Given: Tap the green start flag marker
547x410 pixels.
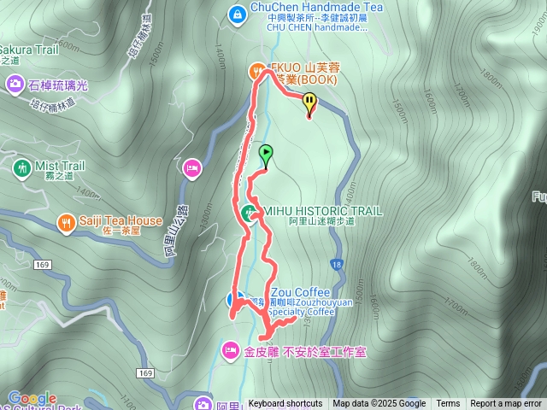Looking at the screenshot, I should [x=266, y=155].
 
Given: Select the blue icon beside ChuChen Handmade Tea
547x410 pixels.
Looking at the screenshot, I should [x=237, y=13].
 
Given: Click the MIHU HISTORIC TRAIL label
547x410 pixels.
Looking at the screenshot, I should [x=323, y=210].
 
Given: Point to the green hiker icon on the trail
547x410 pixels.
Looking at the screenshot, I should [x=248, y=213].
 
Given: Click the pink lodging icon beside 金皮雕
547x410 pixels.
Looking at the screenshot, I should [x=229, y=350].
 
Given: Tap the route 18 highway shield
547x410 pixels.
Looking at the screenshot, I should [x=338, y=265].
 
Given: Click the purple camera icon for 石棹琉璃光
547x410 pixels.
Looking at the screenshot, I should [x=15, y=83].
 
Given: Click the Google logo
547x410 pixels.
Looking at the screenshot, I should [x=32, y=398].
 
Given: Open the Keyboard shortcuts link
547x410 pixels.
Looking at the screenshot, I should [x=285, y=404].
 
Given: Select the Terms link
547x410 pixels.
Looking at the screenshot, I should [x=448, y=404].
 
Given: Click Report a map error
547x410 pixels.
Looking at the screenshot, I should [x=506, y=404].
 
